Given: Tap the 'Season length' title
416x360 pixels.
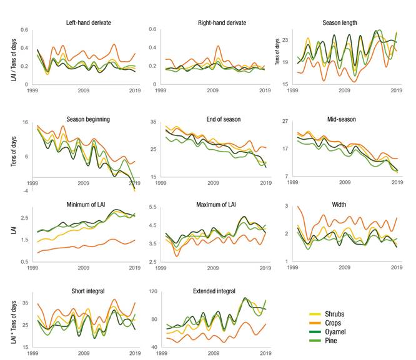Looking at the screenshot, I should (x=340, y=23).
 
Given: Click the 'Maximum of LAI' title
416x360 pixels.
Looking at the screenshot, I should (x=214, y=204).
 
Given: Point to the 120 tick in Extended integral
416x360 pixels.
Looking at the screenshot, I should (x=154, y=292).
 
